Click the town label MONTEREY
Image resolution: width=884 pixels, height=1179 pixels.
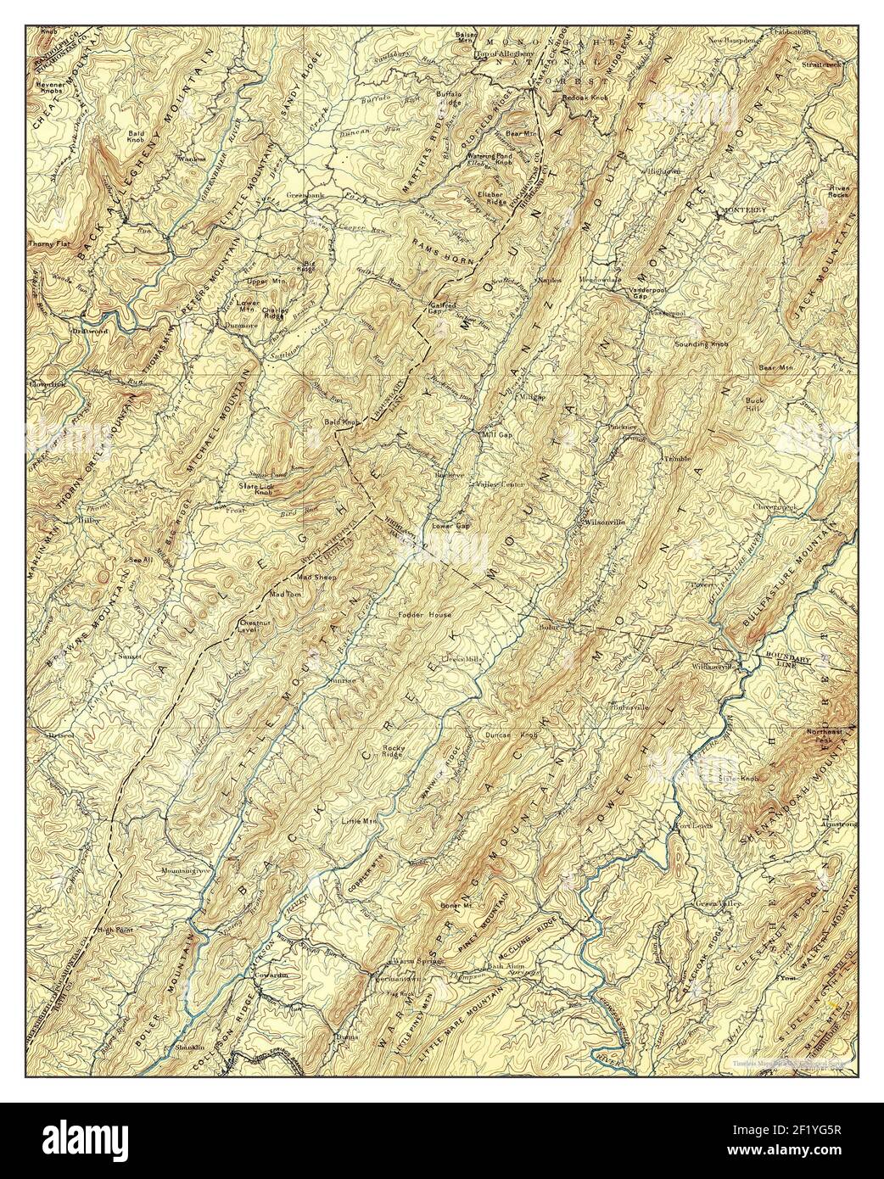[743, 209]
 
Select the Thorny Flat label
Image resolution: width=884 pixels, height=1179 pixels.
[47, 244]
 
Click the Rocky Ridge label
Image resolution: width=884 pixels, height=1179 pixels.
[392, 749]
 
